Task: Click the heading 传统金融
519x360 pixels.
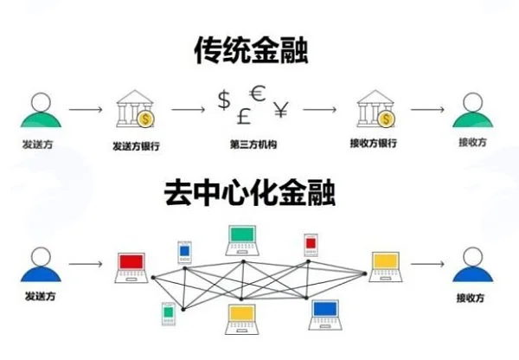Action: (x=251, y=50)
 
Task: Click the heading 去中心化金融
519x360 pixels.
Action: (x=250, y=193)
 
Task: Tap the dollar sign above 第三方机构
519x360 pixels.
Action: (x=224, y=100)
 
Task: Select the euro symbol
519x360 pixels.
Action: (x=258, y=93)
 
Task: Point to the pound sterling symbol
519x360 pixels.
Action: (x=244, y=117)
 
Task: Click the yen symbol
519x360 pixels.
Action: (x=281, y=110)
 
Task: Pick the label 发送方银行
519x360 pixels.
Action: (x=136, y=145)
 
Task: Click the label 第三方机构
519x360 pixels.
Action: (x=253, y=145)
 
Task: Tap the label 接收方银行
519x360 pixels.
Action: (x=374, y=143)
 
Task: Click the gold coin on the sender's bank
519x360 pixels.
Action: (x=145, y=119)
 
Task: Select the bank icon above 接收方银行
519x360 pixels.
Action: (x=375, y=109)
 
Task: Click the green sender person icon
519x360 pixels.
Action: (x=41, y=110)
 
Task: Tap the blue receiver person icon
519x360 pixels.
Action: (x=472, y=265)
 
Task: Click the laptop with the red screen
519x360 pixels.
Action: (x=131, y=268)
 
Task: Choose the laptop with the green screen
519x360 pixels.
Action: (x=242, y=241)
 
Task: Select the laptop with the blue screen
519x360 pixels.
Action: (x=325, y=315)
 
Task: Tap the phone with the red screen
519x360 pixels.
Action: (x=311, y=245)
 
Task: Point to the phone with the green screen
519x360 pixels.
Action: (x=169, y=313)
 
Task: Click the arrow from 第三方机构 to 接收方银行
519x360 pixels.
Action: (x=320, y=110)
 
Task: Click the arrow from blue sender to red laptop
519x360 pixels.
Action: (x=86, y=264)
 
